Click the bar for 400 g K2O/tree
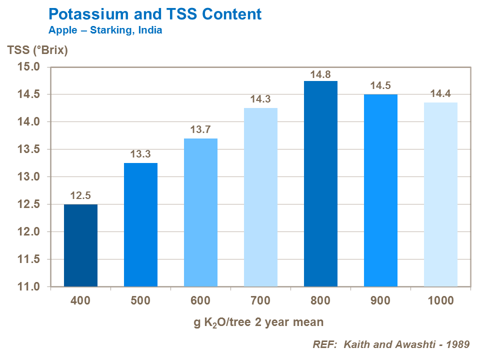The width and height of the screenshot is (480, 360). (x=80, y=245)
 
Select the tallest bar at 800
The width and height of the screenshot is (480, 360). (x=320, y=184)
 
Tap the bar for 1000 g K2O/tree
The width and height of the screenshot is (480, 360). (x=440, y=194)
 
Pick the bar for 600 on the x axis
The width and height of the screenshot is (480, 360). (x=200, y=212)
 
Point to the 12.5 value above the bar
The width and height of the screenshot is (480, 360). (x=80, y=196)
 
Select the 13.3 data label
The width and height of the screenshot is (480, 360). (x=140, y=154)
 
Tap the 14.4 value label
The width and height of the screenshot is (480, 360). (x=440, y=94)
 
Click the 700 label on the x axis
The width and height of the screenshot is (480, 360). (x=260, y=301)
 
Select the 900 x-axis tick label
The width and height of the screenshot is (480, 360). (x=380, y=301)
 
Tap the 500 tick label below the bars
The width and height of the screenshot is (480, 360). (x=140, y=301)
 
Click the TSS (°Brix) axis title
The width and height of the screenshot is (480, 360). (x=37, y=50)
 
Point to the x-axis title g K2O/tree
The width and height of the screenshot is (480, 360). (x=258, y=322)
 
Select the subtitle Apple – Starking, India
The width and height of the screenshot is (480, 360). (x=105, y=30)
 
